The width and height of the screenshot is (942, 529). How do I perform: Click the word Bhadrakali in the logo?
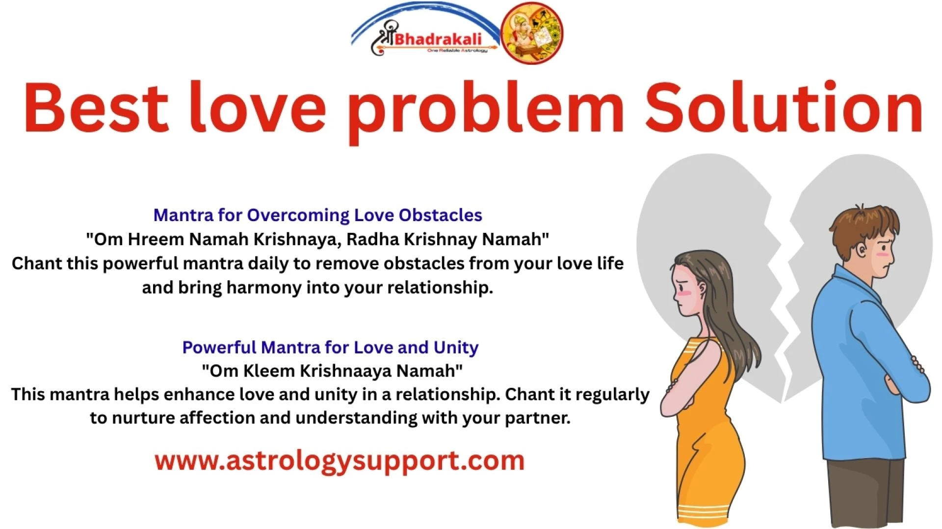click(438, 39)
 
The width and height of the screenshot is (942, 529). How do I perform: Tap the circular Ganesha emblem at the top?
click(531, 33)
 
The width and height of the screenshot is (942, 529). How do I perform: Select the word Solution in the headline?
click(784, 108)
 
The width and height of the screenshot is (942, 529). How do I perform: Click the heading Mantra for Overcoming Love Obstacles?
click(317, 215)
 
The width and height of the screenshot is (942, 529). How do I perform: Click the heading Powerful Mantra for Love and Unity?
click(330, 347)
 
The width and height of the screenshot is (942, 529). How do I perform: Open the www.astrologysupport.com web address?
click(340, 461)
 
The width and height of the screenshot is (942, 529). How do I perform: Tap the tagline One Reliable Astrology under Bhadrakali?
click(456, 50)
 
